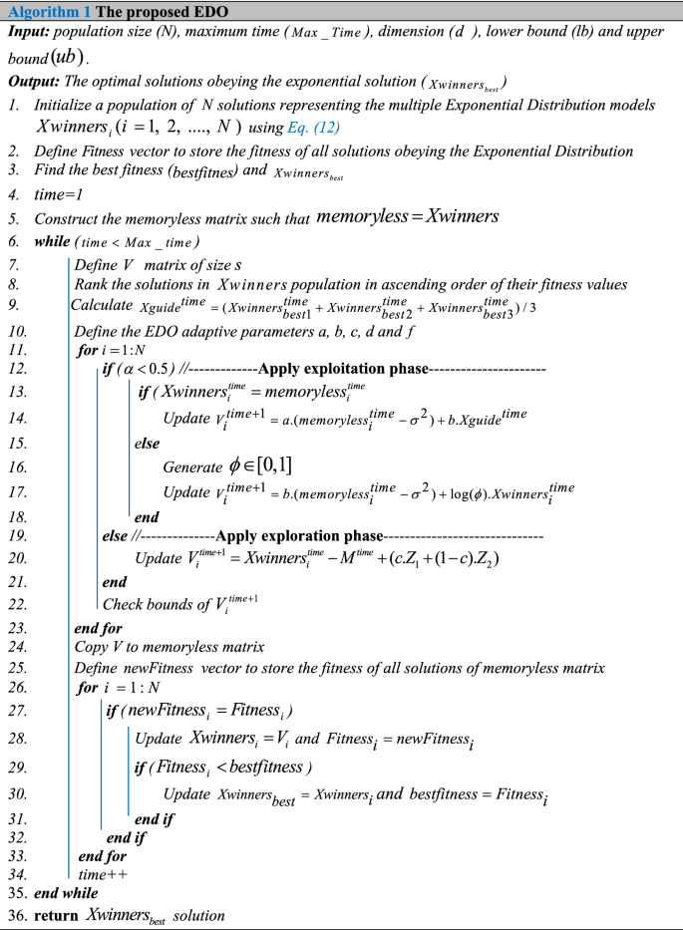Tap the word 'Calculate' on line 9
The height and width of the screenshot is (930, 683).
click(101, 305)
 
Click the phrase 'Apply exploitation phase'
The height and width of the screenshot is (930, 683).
click(344, 370)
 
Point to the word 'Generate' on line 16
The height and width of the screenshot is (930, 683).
click(191, 466)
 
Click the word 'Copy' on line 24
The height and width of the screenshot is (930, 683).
click(93, 647)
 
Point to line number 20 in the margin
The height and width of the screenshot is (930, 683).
click(16, 559)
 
